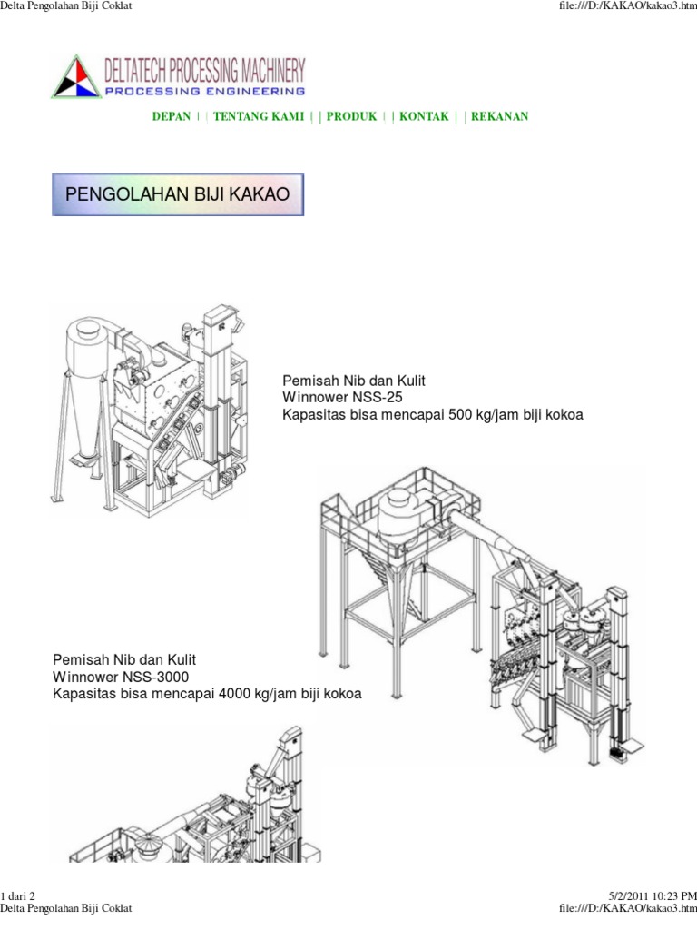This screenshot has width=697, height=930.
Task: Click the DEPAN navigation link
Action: pyautogui.click(x=172, y=116)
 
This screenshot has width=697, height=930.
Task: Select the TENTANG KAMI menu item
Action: pyautogui.click(x=259, y=116)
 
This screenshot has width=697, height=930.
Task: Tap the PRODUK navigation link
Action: pyautogui.click(x=351, y=116)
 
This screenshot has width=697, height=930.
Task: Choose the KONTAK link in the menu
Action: pyautogui.click(x=424, y=116)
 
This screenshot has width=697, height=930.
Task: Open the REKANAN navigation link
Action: pyautogui.click(x=500, y=116)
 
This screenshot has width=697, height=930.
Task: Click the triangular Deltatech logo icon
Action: pyautogui.click(x=76, y=76)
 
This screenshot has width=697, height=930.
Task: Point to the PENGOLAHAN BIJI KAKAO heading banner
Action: pyautogui.click(x=178, y=194)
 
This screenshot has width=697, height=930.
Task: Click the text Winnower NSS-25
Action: pyautogui.click(x=342, y=398)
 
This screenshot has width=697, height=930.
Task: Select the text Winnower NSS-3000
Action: pyautogui.click(x=121, y=677)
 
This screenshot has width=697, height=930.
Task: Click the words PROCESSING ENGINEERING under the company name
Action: pyautogui.click(x=205, y=92)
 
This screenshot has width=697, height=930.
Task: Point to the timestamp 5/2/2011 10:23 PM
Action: pyautogui.click(x=653, y=895)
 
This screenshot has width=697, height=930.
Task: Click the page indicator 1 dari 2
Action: pyautogui.click(x=18, y=895)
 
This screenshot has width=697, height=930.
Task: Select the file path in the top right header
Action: pyautogui.click(x=628, y=6)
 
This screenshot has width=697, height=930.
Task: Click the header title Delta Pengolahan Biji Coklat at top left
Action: pyautogui.click(x=65, y=6)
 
